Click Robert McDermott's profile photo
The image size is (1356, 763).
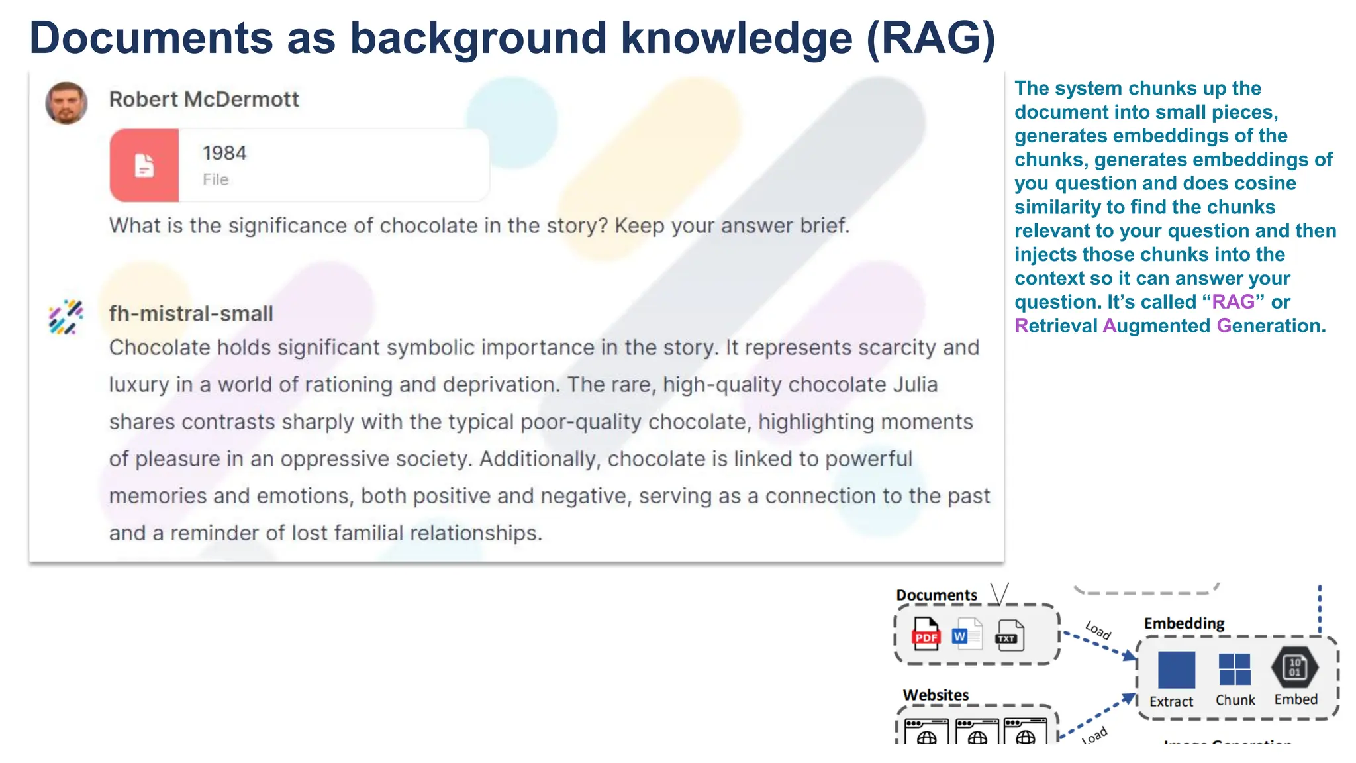[x=66, y=103]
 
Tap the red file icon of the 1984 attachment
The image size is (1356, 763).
[x=144, y=165]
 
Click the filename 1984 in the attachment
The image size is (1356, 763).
[x=224, y=153]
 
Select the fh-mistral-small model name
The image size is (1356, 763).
[x=191, y=313]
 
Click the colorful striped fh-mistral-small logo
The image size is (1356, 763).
[x=66, y=317]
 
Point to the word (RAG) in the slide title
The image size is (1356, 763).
[x=931, y=38]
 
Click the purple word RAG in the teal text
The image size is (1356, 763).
[x=1233, y=302]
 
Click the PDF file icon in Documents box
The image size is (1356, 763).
[x=926, y=634]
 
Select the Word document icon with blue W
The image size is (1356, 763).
[x=967, y=634]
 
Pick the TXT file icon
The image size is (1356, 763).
[x=1010, y=636]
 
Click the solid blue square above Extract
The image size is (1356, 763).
[x=1176, y=670]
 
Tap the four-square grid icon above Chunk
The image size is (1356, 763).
[x=1234, y=669]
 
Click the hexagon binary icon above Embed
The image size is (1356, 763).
[x=1294, y=667]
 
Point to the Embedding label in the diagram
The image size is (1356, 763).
[x=1184, y=623]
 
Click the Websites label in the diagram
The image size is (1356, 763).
[x=936, y=695]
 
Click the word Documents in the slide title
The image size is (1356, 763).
[x=151, y=38]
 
